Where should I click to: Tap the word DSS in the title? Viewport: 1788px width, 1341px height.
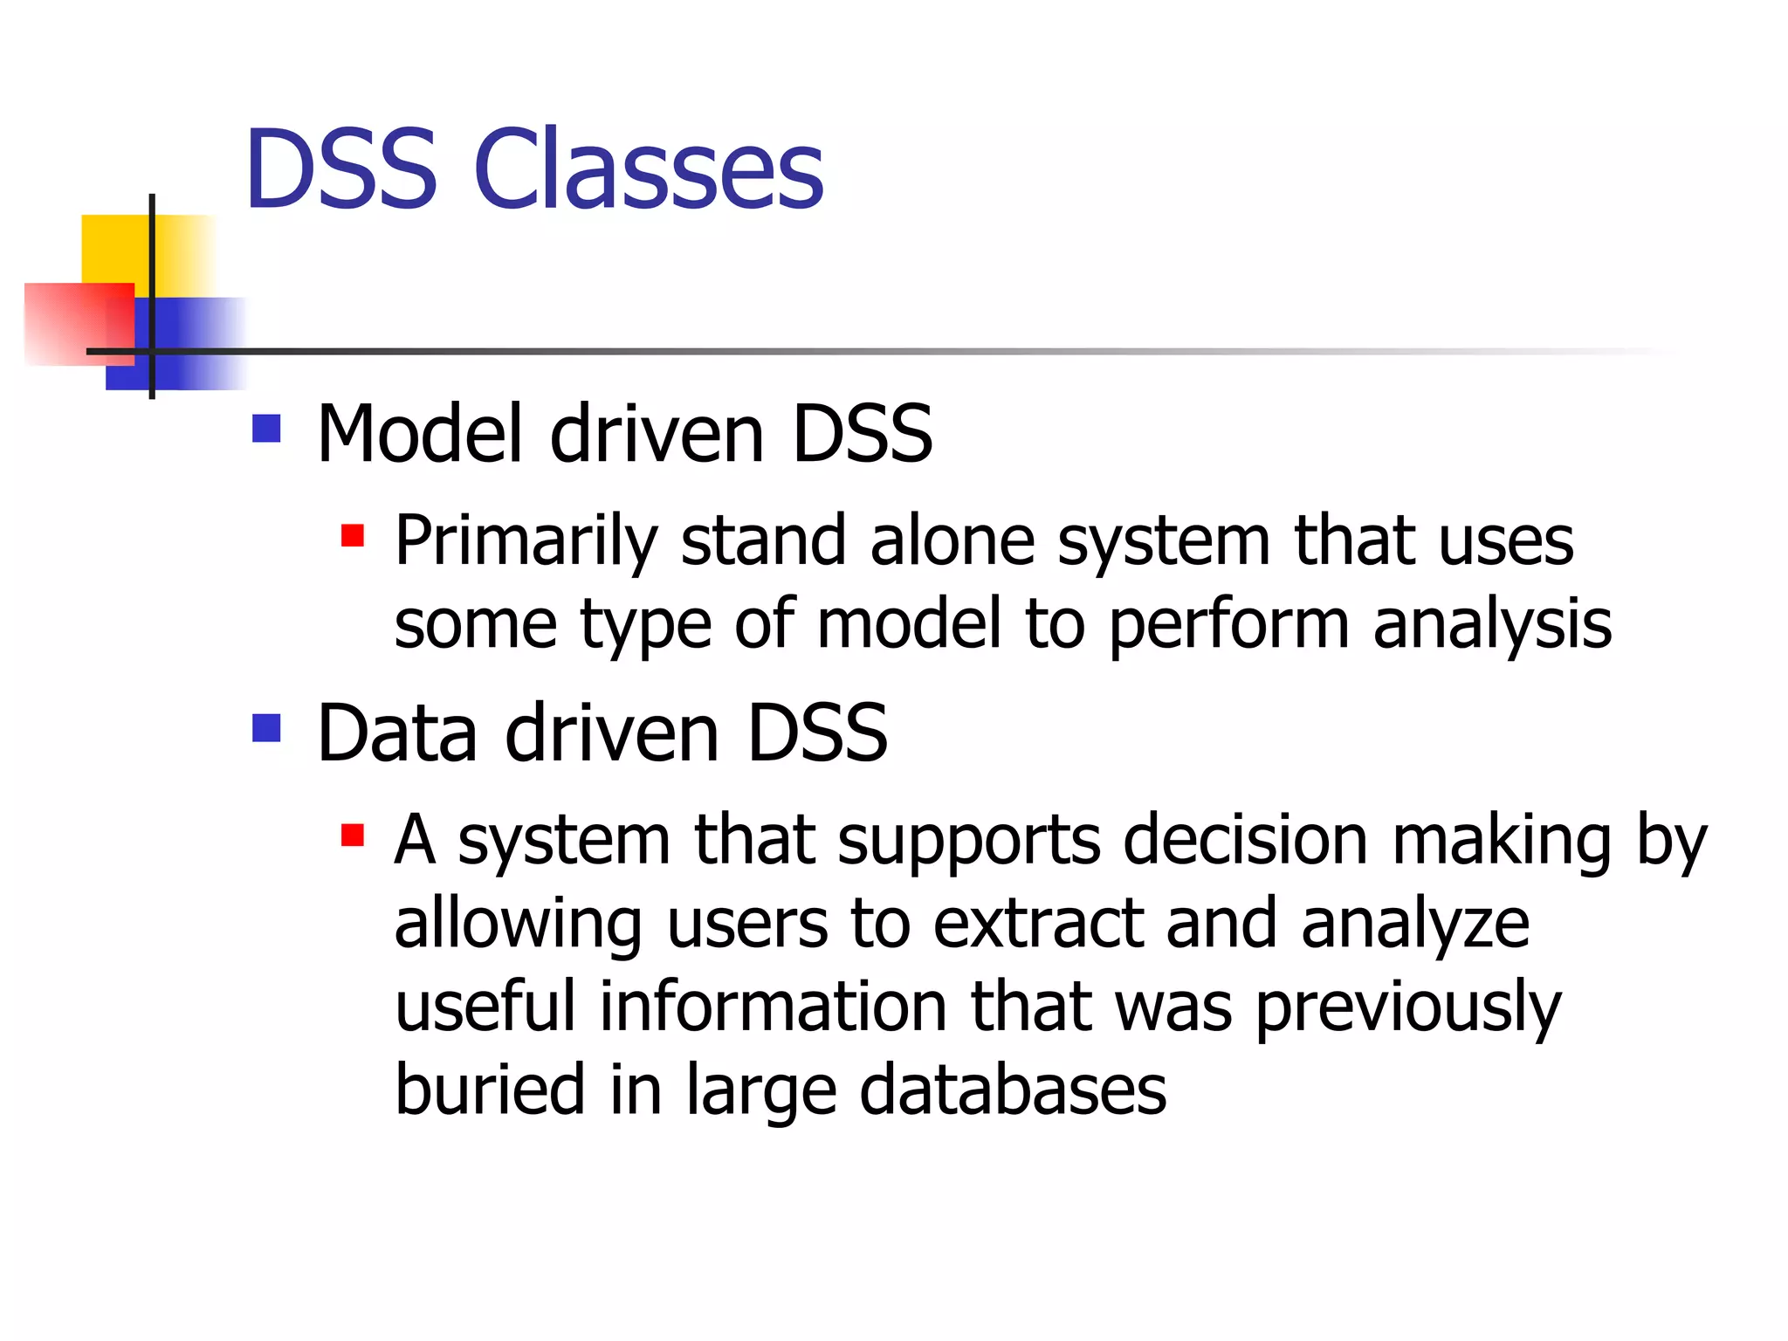340,169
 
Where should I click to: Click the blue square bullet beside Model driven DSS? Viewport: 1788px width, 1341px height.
266,429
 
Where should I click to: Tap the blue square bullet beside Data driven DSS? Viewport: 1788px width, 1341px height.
266,728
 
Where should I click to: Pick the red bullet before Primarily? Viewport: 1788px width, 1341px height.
352,535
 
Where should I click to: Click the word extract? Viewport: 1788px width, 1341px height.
1038,924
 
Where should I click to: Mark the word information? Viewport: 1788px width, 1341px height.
773,1007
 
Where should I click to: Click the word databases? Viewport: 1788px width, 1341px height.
1013,1090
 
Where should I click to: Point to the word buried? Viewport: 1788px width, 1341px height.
489,1090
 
